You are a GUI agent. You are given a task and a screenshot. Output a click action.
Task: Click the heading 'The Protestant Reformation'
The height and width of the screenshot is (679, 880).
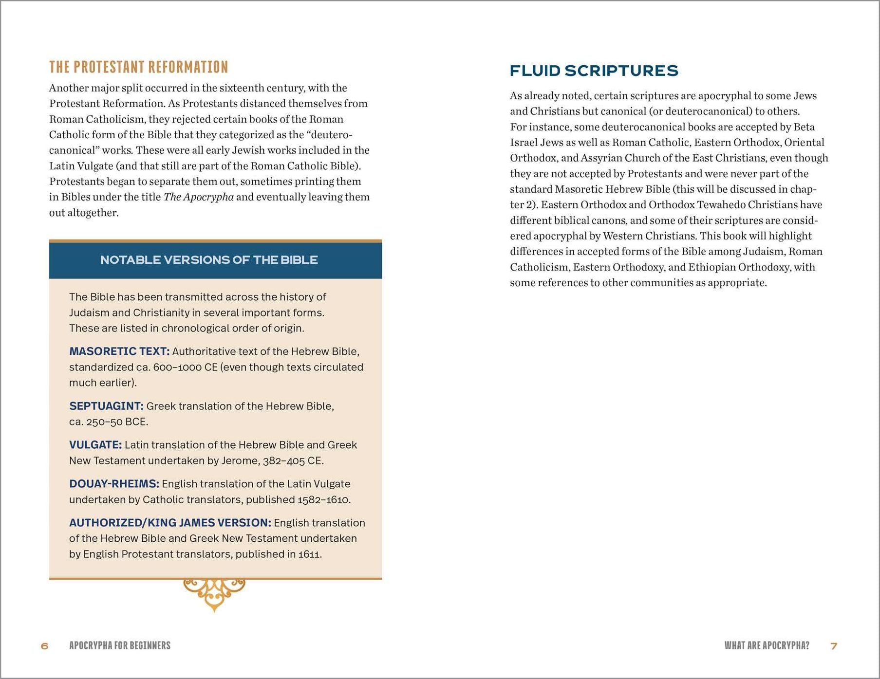point(138,67)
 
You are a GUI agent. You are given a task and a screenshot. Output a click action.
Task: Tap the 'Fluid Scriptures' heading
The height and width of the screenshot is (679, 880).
point(594,71)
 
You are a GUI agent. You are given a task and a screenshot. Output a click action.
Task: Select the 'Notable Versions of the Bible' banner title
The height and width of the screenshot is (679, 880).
point(209,260)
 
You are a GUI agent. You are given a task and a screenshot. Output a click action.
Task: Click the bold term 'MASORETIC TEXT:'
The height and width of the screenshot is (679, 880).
point(119,351)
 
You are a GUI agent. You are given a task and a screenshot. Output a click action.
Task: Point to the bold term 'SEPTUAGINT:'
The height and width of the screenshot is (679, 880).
point(106,406)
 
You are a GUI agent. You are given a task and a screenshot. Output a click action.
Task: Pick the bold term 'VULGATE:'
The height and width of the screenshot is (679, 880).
point(95,445)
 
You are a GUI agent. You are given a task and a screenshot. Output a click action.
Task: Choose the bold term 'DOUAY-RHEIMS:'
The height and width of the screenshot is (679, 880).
point(114,484)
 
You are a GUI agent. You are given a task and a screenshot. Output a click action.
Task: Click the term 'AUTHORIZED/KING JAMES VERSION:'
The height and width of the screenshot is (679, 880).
point(170,523)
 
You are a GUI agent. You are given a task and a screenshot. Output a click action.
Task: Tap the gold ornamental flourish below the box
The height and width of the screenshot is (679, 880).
point(214,593)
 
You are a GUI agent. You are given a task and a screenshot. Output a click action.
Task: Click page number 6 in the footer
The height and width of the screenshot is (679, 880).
point(45,646)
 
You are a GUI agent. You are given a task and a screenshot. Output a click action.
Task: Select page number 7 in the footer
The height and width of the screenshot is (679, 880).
point(834,646)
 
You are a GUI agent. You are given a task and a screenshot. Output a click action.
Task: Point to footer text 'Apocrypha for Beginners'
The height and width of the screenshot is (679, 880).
point(120,646)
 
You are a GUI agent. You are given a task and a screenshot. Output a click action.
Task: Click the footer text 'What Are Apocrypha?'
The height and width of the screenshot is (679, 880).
point(767,646)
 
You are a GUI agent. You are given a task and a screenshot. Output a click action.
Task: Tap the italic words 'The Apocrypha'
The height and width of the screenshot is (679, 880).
point(198,197)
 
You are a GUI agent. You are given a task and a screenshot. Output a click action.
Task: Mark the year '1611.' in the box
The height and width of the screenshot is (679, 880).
point(310,554)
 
